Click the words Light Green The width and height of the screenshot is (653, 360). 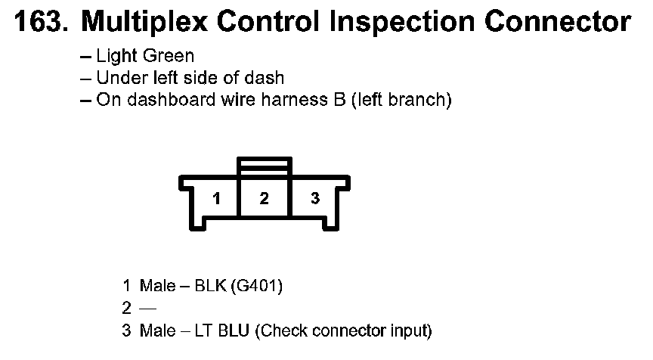[x=144, y=56]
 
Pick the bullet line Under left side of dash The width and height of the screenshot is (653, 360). [x=190, y=78]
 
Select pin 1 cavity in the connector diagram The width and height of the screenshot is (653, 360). [x=216, y=199]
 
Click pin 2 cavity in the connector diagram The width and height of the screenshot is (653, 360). [x=264, y=199]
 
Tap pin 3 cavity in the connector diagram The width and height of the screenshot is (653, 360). [x=315, y=199]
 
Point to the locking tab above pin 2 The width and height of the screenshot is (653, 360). [x=264, y=165]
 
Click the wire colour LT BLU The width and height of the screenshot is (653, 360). [x=222, y=331]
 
